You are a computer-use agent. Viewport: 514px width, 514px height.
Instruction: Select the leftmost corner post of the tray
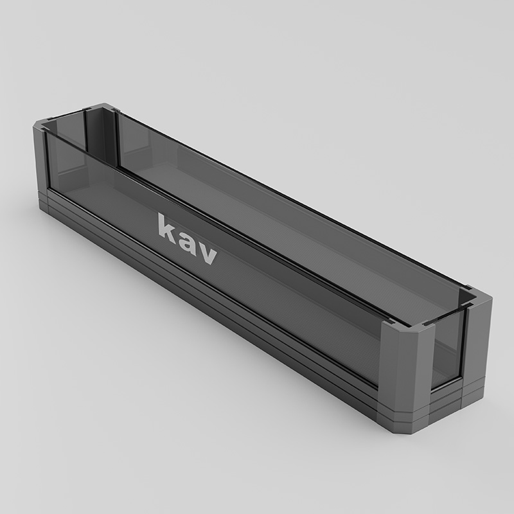40,161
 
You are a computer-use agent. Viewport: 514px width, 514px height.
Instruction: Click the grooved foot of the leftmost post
41,199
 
